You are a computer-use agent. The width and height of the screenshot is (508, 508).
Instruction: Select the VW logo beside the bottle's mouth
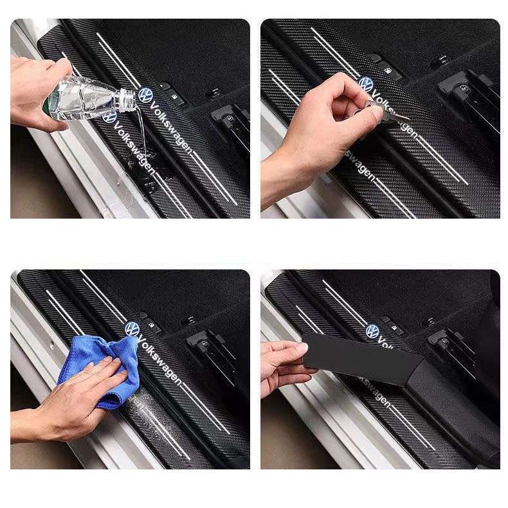point(146,95)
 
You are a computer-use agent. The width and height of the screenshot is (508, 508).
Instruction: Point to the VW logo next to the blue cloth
point(132,329)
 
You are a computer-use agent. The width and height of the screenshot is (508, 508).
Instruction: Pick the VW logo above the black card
point(373,331)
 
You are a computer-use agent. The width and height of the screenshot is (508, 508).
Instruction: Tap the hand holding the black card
point(283,367)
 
